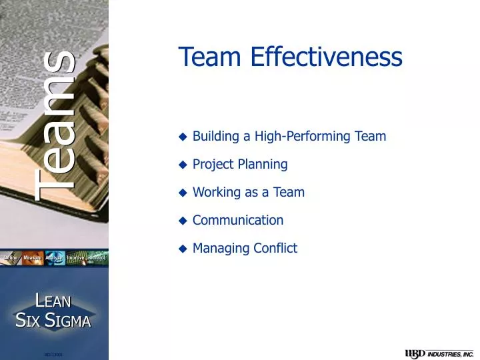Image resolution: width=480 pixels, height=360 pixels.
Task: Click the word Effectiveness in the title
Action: (327, 58)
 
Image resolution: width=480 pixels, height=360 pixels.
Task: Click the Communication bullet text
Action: (238, 221)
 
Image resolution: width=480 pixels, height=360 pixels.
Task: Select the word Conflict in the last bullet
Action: (275, 249)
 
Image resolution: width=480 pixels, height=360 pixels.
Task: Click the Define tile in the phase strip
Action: (11, 257)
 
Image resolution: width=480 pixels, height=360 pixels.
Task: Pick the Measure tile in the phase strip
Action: (33, 257)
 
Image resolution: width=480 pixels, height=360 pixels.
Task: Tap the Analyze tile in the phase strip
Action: (54, 257)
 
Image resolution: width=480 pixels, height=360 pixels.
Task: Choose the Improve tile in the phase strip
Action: (75, 257)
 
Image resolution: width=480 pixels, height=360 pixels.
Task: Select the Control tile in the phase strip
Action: (97, 257)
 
